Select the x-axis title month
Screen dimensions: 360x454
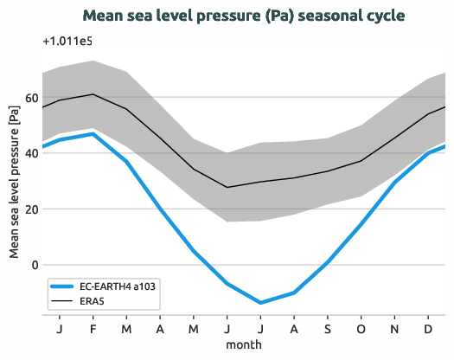click(x=244, y=345)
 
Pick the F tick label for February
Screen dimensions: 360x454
click(x=93, y=330)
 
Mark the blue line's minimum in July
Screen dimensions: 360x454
click(x=261, y=303)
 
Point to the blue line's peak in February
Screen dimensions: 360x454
click(x=93, y=133)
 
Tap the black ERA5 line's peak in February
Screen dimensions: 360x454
click(x=93, y=94)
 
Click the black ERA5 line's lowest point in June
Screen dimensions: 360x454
click(x=227, y=187)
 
